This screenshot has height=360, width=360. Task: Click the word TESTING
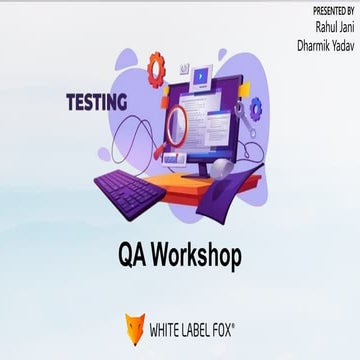pos(96,101)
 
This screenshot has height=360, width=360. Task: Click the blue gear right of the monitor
pos(256,108)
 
